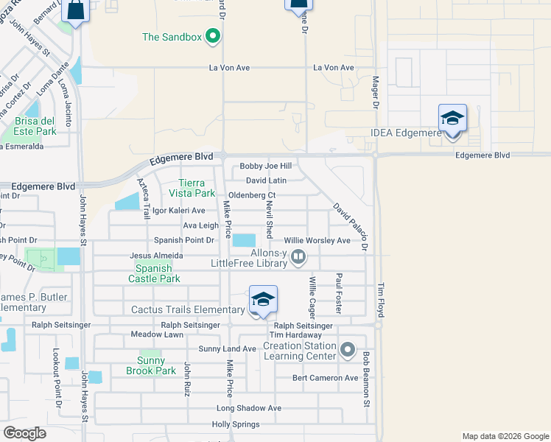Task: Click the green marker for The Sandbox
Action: coord(214,36)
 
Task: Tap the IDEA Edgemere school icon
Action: coord(452,119)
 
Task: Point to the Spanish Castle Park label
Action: coord(154,274)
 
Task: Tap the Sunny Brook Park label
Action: coord(151,365)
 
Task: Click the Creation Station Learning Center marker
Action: coord(348,350)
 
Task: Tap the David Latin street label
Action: coord(266,180)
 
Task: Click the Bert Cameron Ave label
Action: coord(325,378)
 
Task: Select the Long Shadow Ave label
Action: coord(249,408)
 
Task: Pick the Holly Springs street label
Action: coord(236,424)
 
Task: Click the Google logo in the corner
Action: coord(24,433)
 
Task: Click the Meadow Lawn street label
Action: coord(157,334)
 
